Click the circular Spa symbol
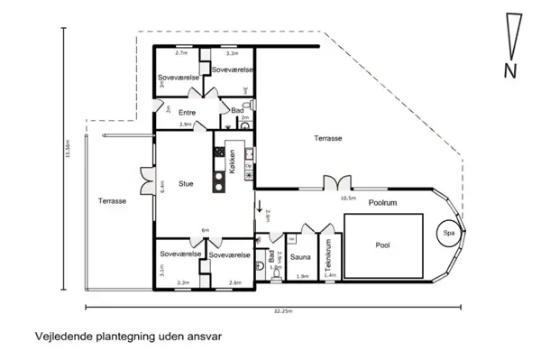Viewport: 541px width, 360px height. click(x=447, y=232)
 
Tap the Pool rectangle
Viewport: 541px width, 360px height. click(x=383, y=245)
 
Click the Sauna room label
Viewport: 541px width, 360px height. click(x=300, y=257)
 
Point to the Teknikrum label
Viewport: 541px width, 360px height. click(x=330, y=257)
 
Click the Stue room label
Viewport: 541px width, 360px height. click(x=186, y=183)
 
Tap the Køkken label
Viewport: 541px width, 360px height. click(x=233, y=166)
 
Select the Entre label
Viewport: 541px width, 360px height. click(x=188, y=112)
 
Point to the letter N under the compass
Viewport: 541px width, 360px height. click(x=511, y=70)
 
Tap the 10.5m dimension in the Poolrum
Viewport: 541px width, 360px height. click(x=348, y=197)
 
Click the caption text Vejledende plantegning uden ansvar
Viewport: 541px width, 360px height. click(x=127, y=336)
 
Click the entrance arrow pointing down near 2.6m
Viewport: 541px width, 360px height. click(x=260, y=207)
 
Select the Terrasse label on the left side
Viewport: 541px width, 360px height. click(x=112, y=200)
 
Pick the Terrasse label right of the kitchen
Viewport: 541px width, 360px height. click(x=329, y=138)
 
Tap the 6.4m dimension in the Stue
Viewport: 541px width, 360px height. click(x=162, y=186)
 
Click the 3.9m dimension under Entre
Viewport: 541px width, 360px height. click(x=185, y=124)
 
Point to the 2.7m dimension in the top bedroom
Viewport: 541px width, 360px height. click(x=180, y=54)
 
